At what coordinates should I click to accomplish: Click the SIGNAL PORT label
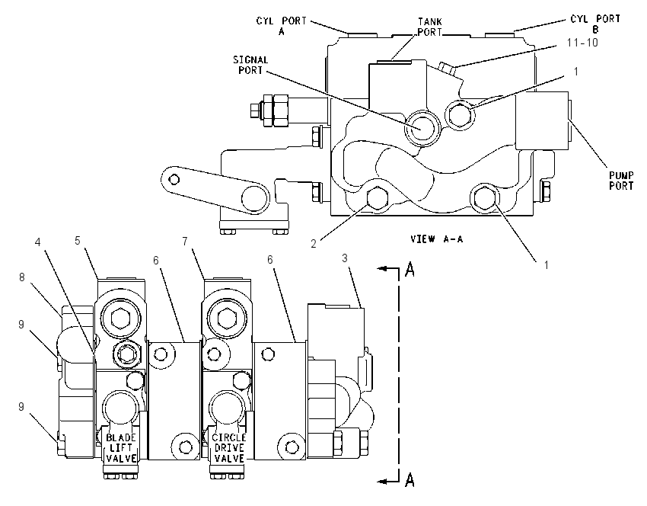click(x=250, y=66)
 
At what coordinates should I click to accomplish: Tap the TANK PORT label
click(x=429, y=27)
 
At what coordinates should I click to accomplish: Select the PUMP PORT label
click(x=621, y=181)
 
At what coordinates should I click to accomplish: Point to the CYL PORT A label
click(x=282, y=26)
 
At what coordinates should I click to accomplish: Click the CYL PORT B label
click(x=595, y=24)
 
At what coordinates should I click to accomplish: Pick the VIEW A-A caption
click(x=437, y=239)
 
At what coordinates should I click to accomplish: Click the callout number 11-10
click(x=582, y=43)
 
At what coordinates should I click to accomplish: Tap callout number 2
click(x=314, y=244)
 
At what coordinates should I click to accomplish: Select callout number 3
click(x=345, y=258)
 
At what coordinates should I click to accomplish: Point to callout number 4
click(x=38, y=242)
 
